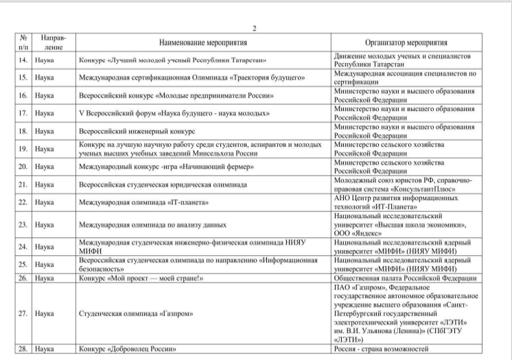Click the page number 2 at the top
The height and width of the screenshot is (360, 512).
click(x=255, y=28)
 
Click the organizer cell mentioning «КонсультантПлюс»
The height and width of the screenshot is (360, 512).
click(x=403, y=184)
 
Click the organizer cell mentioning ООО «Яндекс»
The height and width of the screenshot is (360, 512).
click(x=403, y=224)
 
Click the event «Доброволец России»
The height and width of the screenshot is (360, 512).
click(x=135, y=349)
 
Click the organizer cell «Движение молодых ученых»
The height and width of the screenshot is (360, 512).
click(x=403, y=60)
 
